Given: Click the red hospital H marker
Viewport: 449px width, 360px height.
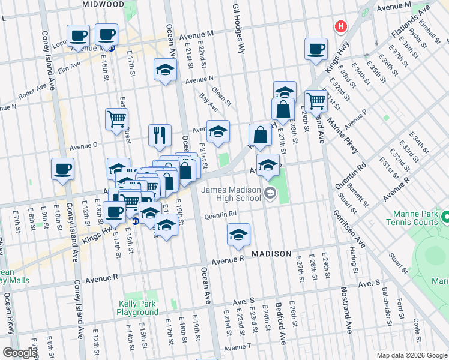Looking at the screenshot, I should click(x=341, y=27).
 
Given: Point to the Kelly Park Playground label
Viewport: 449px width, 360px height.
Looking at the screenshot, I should click(x=137, y=308).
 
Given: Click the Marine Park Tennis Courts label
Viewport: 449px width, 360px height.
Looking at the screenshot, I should click(x=418, y=219).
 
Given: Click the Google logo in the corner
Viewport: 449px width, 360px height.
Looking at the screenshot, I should click(x=19, y=353).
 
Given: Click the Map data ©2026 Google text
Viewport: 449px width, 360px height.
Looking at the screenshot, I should click(x=412, y=355).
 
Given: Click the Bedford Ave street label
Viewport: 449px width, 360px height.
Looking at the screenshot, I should click(x=280, y=322).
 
